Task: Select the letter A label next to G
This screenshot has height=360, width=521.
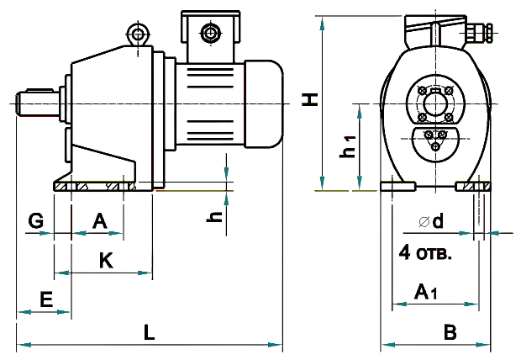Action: click(100, 220)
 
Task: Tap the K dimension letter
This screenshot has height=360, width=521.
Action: click(106, 261)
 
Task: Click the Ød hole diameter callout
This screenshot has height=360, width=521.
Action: click(426, 223)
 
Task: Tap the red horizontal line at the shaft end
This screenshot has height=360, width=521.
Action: click(39, 118)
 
